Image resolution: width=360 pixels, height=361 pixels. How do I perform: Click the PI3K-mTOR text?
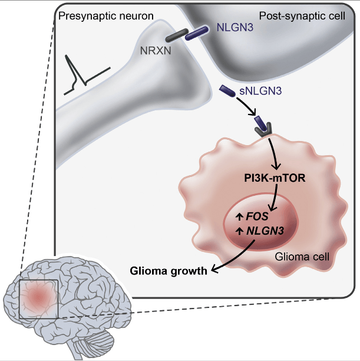point(275,177)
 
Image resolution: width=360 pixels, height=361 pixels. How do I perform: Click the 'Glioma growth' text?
point(169,271)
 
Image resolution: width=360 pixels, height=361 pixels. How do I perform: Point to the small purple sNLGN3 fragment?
point(228,91)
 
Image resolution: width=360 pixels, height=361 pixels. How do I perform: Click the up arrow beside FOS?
point(239,216)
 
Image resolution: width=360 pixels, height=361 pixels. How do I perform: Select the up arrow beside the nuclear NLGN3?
point(239,231)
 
